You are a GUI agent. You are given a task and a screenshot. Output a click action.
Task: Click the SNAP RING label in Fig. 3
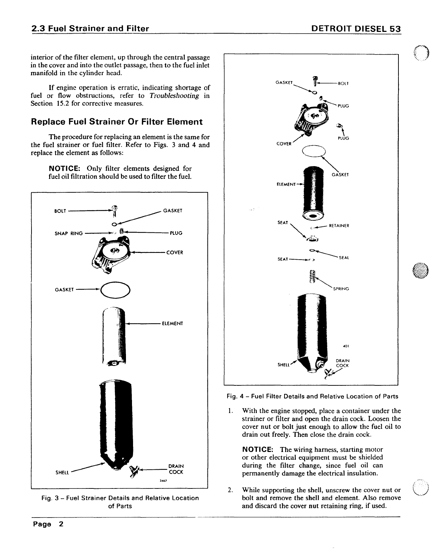coord(69,233)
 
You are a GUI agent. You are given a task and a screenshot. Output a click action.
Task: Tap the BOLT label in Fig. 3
coord(60,211)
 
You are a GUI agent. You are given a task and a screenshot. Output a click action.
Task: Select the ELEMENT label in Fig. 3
coord(172,324)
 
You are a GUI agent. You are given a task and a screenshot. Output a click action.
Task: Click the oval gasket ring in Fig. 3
coord(116,290)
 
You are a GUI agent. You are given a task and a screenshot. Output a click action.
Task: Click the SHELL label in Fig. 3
coord(62,473)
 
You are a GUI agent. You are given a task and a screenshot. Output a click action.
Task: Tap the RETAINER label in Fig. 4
coord(339,226)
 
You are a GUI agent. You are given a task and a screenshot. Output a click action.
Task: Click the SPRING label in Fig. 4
coord(341,289)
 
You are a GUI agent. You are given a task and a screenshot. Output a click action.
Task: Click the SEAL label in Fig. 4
coord(344,258)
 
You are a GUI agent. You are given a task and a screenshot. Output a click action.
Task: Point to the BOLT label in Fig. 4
coord(343,84)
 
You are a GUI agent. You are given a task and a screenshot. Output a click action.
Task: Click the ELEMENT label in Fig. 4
coord(286,185)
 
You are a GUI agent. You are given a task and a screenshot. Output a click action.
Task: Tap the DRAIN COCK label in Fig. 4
coord(343,363)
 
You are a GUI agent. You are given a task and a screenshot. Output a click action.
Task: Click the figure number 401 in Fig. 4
coord(346,346)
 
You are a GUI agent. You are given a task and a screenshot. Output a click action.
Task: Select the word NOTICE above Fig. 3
coord(65,169)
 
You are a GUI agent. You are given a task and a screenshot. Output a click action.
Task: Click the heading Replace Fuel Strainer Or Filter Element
coord(117,122)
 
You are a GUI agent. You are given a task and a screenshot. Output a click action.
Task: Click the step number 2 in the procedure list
coord(230,490)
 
